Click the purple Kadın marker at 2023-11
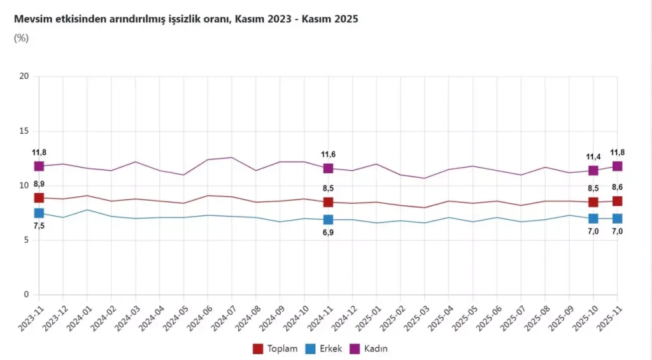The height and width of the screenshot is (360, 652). click(x=39, y=166)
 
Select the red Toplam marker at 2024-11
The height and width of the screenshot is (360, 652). click(x=328, y=202)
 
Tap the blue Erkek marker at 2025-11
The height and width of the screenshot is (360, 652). click(x=617, y=219)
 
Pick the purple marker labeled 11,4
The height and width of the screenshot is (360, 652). click(x=593, y=170)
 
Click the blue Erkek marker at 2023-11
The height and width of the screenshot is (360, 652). click(x=39, y=213)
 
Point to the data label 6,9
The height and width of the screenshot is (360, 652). click(x=328, y=233)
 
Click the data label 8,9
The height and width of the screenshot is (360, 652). click(x=39, y=184)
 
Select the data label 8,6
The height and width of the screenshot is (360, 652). click(x=617, y=187)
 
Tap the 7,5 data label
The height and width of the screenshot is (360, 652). click(x=39, y=226)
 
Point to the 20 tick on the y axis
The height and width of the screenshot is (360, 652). click(x=25, y=76)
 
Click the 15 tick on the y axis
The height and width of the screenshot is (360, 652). click(x=25, y=131)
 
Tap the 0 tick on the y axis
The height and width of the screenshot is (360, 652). click(x=27, y=295)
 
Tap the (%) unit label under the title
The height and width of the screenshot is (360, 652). click(x=21, y=38)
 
